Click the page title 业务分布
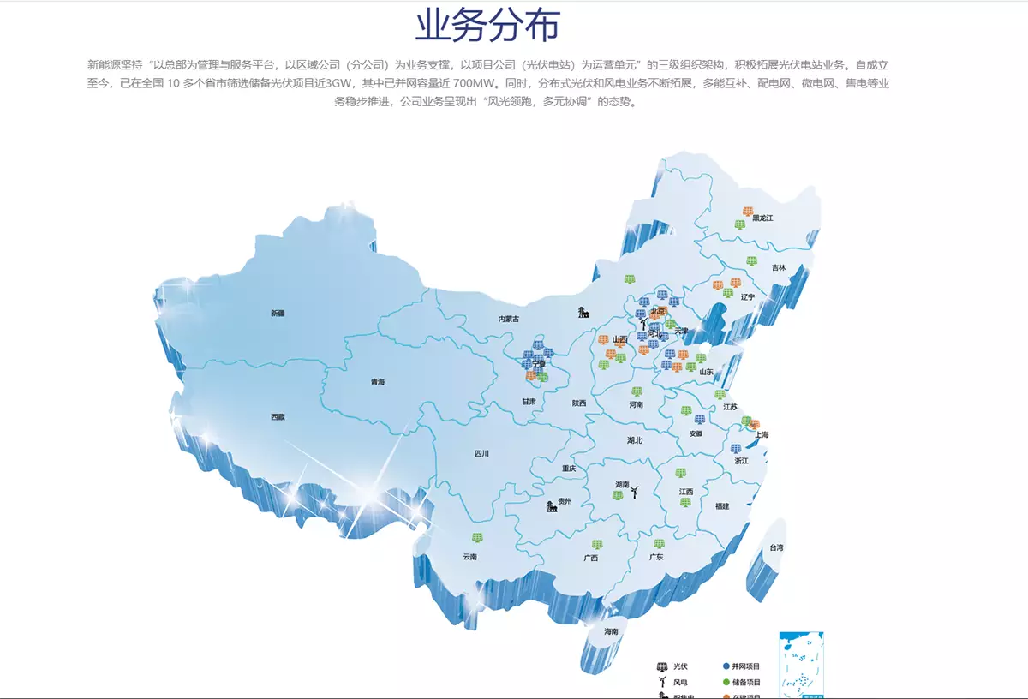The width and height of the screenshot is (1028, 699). click(x=487, y=26)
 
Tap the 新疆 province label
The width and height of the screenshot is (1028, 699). click(x=278, y=314)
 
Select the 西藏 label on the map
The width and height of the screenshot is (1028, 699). click(x=278, y=417)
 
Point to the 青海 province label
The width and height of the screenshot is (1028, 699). click(x=378, y=382)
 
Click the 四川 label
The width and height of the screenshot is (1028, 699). click(x=481, y=454)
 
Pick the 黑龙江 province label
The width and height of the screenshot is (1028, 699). click(x=762, y=218)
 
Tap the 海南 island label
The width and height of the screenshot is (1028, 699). click(x=611, y=631)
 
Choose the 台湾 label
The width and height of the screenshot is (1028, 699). click(x=776, y=547)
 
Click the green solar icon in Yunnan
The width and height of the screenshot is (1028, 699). click(x=477, y=538)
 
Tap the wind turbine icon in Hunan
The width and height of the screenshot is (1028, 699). click(x=635, y=491)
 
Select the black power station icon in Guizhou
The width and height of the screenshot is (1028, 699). click(x=553, y=506)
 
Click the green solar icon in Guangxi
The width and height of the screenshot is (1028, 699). click(x=597, y=545)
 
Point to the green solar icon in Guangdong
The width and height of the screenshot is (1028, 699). click(x=659, y=544)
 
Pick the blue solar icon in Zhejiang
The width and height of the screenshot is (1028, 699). click(x=735, y=449)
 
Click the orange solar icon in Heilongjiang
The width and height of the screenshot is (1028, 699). click(x=748, y=212)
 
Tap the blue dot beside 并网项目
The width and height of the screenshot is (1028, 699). click(x=726, y=666)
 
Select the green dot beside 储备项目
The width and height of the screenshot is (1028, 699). click(x=726, y=682)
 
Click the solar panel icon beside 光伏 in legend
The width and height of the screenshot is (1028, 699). click(x=661, y=666)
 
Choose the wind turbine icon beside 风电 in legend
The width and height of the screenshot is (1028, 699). click(x=661, y=682)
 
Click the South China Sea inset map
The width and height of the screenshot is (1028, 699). click(x=801, y=664)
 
